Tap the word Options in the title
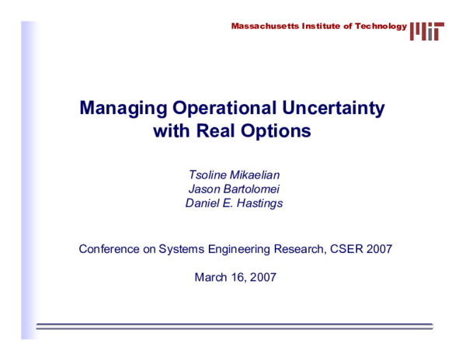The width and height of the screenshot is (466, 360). point(276,131)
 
